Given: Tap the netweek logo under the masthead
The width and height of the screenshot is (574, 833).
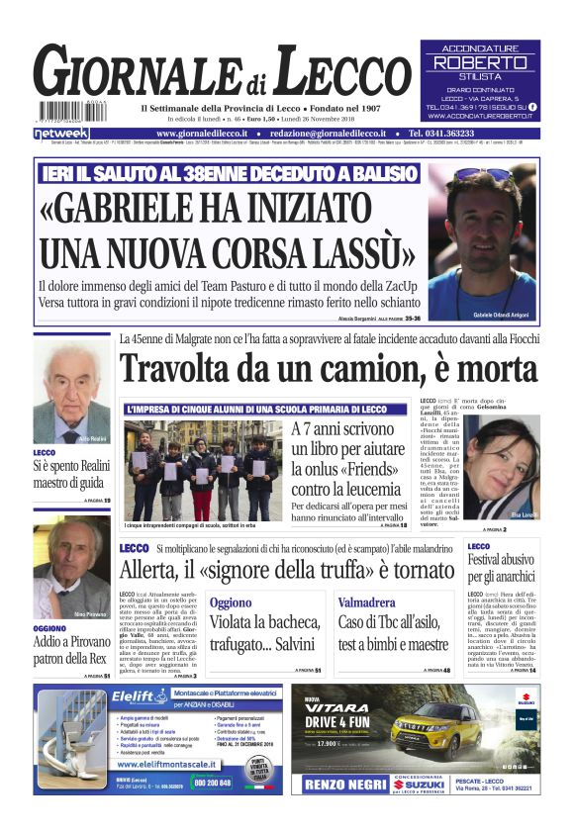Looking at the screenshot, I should point(61,133).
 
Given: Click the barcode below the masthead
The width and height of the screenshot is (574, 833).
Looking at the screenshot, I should point(70,111).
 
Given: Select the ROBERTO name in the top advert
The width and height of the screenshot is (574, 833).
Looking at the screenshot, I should point(480,62).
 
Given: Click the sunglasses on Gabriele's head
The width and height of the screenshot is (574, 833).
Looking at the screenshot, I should point(483,175).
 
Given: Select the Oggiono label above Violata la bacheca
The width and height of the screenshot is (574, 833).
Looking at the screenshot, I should point(230,602).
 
